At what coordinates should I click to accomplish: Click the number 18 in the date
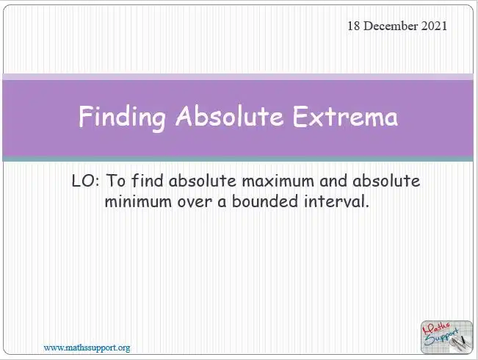[354, 26]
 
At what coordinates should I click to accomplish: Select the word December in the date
[391, 26]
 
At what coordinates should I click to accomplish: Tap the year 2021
[434, 26]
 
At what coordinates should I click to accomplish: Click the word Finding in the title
[122, 118]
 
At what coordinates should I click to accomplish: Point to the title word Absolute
[229, 116]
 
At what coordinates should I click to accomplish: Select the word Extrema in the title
[345, 116]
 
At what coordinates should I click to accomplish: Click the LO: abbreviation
[85, 181]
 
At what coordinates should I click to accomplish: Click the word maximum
[278, 181]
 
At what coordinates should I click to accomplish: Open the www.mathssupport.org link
[87, 348]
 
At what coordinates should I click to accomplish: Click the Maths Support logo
[446, 337]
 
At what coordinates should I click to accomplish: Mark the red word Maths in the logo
[436, 329]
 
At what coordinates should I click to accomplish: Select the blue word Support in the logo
[441, 338]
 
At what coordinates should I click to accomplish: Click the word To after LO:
[115, 181]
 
